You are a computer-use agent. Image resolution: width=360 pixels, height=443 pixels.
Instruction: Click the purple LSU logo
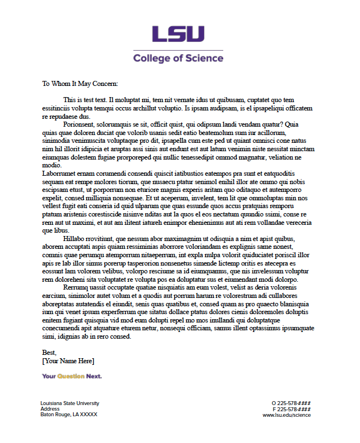point(178,34)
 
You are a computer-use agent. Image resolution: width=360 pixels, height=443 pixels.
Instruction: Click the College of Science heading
point(178,58)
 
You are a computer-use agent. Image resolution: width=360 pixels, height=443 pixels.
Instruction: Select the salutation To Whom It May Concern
point(80,84)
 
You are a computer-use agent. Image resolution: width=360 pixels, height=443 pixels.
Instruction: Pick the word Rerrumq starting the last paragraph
point(78,287)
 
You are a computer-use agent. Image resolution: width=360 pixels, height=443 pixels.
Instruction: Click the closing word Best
point(49,353)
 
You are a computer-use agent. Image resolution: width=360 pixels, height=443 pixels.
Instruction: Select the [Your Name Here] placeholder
point(68,361)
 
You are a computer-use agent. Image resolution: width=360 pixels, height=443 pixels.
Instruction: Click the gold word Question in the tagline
point(71,377)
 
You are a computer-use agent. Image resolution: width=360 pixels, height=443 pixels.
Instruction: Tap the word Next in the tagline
point(94,377)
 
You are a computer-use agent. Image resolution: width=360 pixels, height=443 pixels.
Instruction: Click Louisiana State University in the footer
point(70,403)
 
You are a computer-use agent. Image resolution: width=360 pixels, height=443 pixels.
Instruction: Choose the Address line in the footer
point(50,409)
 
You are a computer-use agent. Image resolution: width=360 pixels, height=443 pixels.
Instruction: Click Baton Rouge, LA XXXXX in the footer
point(69,415)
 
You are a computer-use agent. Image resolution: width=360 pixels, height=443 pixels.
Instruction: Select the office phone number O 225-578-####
point(291,403)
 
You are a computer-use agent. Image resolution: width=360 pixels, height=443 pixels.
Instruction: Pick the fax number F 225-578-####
point(291,409)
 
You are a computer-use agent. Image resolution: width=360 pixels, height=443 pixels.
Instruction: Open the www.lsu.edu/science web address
point(286,415)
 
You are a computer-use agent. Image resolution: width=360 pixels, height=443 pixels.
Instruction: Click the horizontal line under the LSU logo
point(178,49)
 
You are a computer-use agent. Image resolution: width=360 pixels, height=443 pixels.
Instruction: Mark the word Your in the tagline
point(49,377)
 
